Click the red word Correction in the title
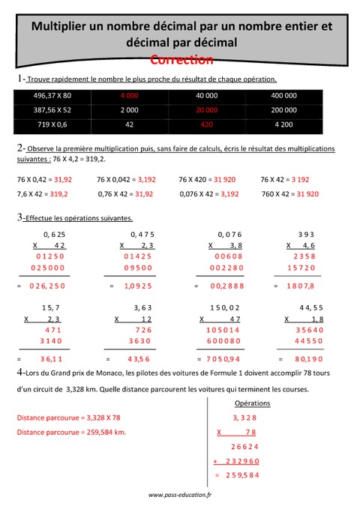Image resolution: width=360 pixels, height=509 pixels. click(x=181, y=59)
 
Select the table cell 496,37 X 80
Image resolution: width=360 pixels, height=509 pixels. click(x=52, y=95)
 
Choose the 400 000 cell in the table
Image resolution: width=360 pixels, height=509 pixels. click(x=283, y=95)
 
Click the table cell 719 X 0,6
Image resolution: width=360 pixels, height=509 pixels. click(x=52, y=122)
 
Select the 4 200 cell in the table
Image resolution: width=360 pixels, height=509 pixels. click(x=283, y=122)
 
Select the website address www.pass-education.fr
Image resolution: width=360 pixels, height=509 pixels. click(x=180, y=496)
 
